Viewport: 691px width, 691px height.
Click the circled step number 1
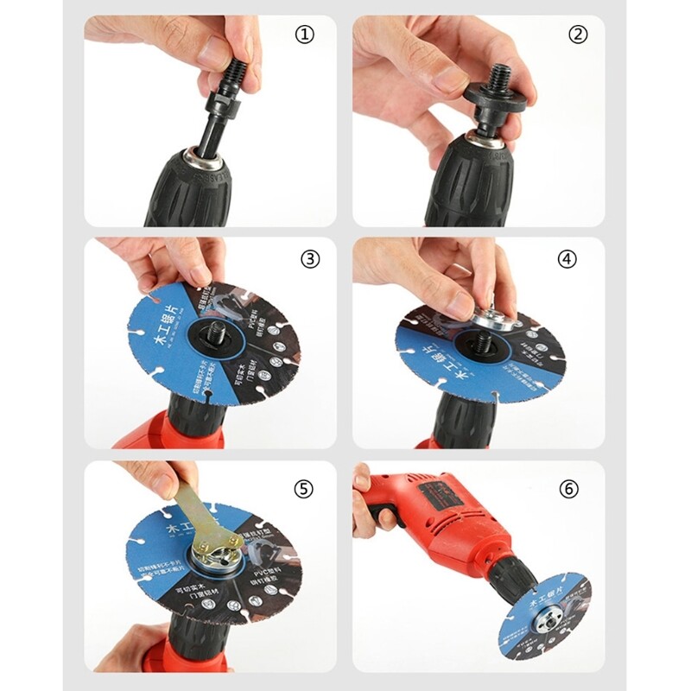304,36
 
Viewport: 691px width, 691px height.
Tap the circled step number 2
578,35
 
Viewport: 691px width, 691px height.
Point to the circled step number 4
567,258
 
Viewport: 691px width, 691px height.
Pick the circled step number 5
303,489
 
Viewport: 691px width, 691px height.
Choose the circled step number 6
567,489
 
